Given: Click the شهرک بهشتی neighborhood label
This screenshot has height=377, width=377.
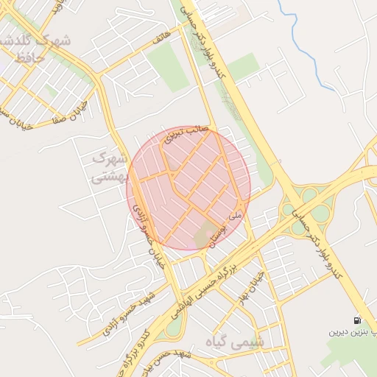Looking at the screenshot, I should [110, 169].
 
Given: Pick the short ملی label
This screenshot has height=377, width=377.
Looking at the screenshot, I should [235, 216].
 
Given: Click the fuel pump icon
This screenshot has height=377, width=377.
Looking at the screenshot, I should [357, 321].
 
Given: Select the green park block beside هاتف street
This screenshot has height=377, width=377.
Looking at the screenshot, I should [169, 66].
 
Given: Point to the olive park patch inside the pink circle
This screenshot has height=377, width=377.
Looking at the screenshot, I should [203, 236].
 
